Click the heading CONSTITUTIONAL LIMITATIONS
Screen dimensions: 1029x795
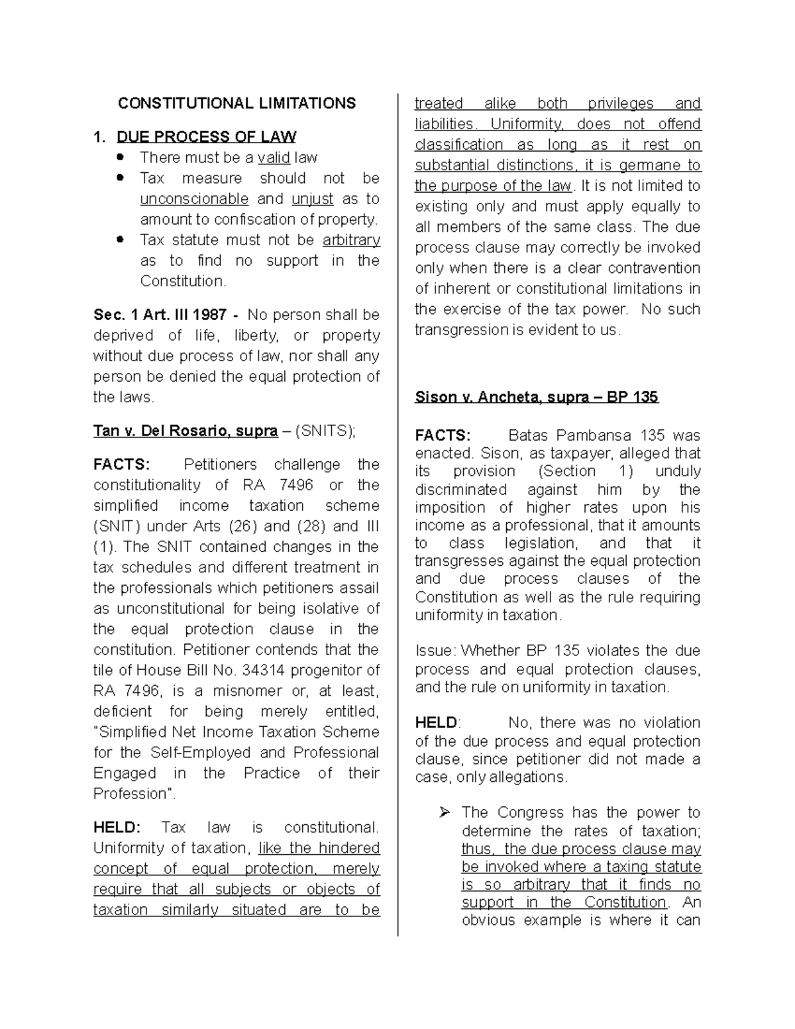[237, 103]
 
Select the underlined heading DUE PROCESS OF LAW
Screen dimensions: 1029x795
[206, 137]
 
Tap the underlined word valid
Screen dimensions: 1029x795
[274, 158]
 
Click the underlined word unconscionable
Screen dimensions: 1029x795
[194, 199]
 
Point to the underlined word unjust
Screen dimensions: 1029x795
[313, 199]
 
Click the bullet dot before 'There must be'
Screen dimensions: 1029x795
[120, 158]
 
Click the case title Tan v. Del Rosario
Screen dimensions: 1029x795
[185, 431]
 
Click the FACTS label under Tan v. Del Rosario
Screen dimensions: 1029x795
[122, 464]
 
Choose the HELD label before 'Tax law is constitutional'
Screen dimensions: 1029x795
[117, 828]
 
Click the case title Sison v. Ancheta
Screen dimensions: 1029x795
[501, 398]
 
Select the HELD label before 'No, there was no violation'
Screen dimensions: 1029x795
[437, 722]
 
